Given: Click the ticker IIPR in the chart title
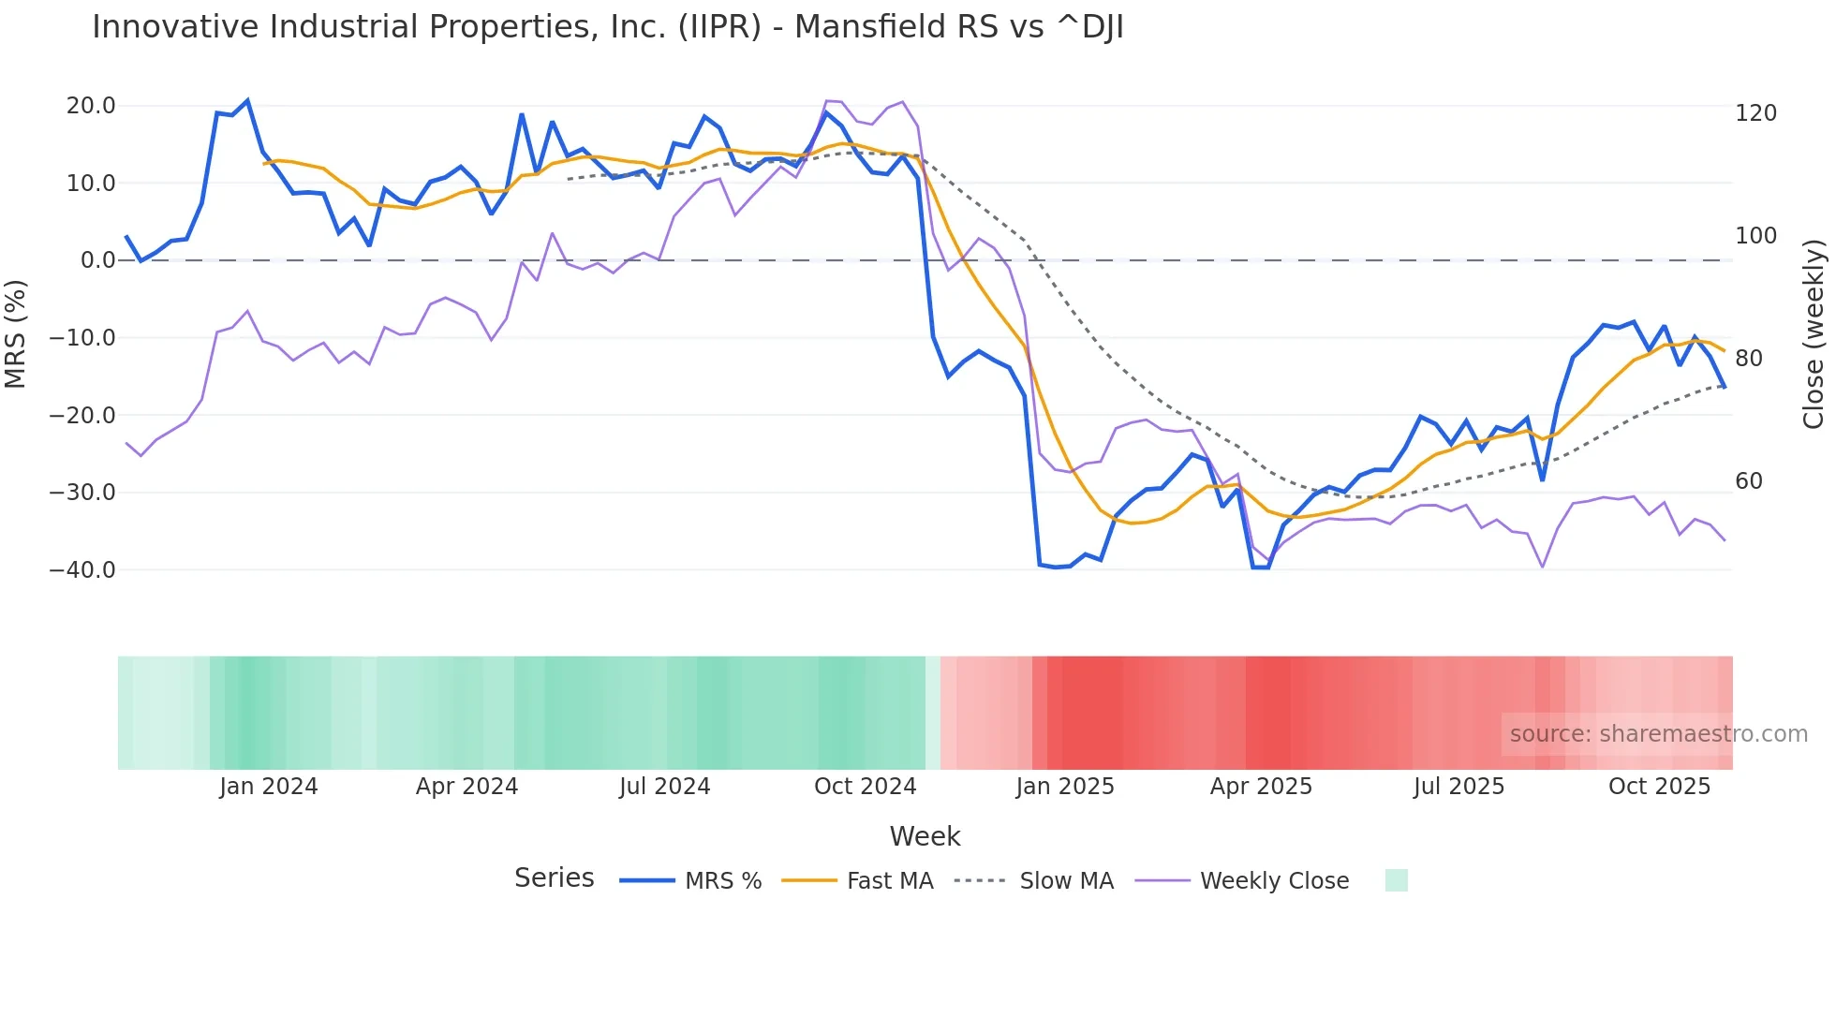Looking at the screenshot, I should coord(719,27).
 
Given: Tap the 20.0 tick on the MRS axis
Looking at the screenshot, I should coord(91,106).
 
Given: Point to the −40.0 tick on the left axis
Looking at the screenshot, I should coord(82,569).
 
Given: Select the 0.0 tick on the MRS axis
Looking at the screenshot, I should coord(97,260).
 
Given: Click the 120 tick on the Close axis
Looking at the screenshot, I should coord(1755,113).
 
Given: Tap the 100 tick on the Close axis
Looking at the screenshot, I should coord(1755,236).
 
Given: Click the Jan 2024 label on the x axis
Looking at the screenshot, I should coord(269,787).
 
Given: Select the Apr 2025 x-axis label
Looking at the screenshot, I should coord(1261,787).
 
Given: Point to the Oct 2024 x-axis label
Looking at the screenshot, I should coord(865,787).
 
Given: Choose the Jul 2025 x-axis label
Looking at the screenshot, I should coord(1458,787).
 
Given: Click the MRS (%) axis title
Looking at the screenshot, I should coord(16,334).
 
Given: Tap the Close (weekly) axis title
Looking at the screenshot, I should coord(1814,334).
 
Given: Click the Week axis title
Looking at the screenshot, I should coord(925,836).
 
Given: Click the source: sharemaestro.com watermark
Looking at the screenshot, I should coord(1658,734).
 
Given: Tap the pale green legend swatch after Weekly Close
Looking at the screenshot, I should coord(1396,880).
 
